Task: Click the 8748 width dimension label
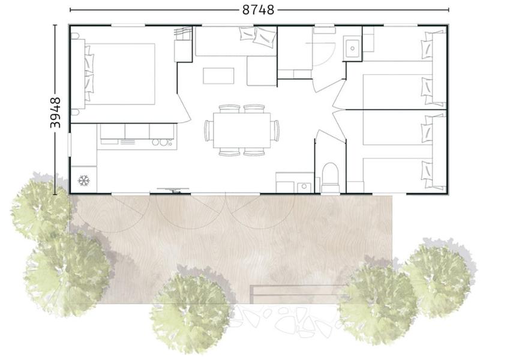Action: click(258, 10)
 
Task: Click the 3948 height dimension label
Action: click(55, 113)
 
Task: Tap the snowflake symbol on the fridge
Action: click(84, 181)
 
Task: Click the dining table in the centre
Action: click(242, 130)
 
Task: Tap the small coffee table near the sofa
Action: click(218, 76)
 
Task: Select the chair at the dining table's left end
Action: click(208, 130)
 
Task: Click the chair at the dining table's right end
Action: click(275, 130)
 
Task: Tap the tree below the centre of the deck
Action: click(191, 311)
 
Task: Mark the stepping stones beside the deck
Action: click(286, 320)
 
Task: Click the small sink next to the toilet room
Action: click(304, 187)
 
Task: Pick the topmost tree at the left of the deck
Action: click(41, 206)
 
